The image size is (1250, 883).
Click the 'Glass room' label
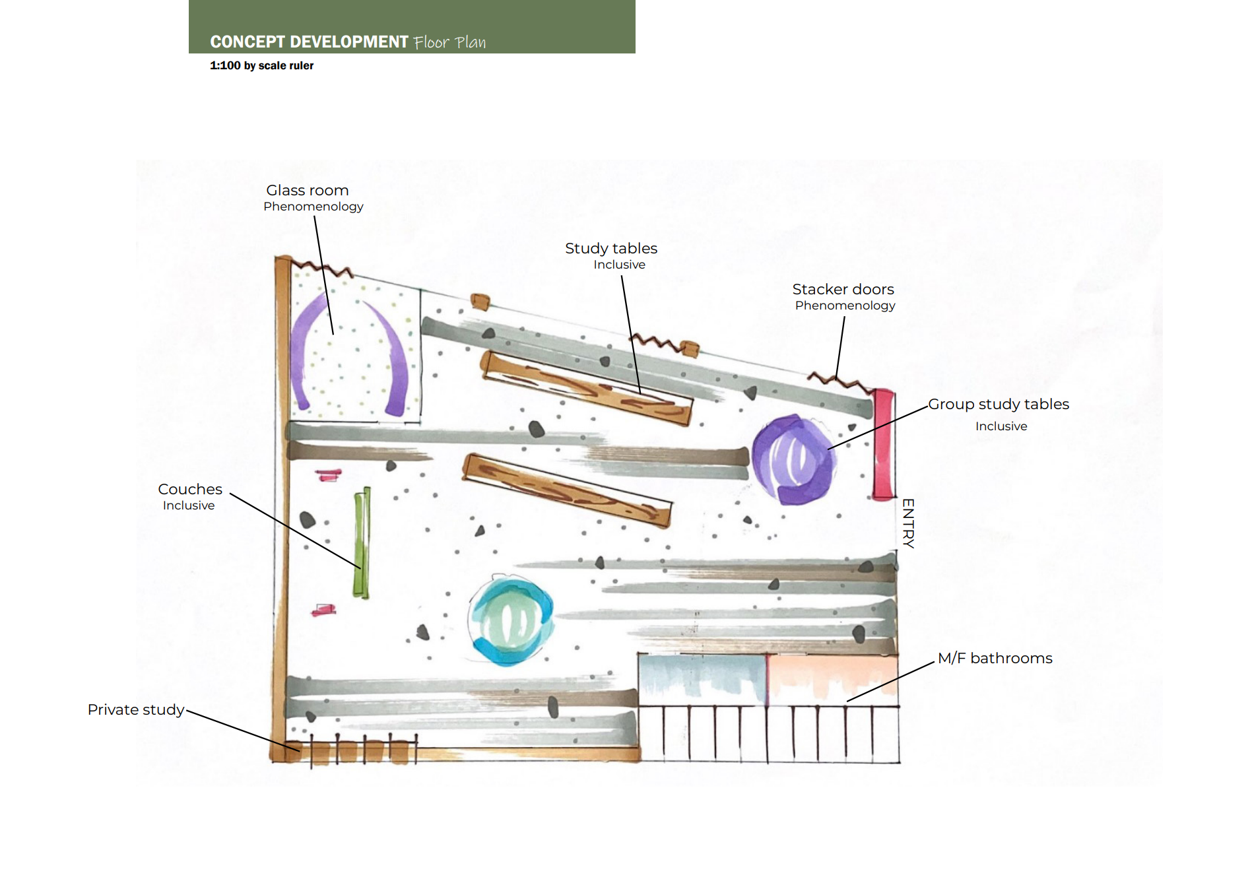pos(307,191)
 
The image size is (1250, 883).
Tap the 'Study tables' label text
pos(611,249)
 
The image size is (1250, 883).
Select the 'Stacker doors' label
pos(843,290)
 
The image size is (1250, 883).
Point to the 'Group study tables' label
pos(998,405)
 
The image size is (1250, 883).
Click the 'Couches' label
pos(190,490)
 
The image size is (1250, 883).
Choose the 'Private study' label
pos(136,710)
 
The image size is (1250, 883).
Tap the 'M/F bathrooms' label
pos(995,659)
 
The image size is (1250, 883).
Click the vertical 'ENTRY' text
pos(908,523)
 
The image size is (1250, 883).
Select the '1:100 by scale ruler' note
pos(261,66)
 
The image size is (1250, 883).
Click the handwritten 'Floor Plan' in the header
pos(449,43)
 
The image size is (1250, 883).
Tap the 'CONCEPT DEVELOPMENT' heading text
pos(309,42)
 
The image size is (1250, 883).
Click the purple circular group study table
pos(793,459)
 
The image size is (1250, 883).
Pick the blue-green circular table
pos(510,620)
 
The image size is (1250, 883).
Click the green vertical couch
pos(362,543)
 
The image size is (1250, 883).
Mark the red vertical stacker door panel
pos(883,444)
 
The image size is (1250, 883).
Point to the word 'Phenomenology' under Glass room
pos(313,207)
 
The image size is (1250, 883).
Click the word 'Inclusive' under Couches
pos(189,506)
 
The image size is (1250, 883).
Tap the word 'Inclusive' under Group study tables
pos(1001,427)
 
